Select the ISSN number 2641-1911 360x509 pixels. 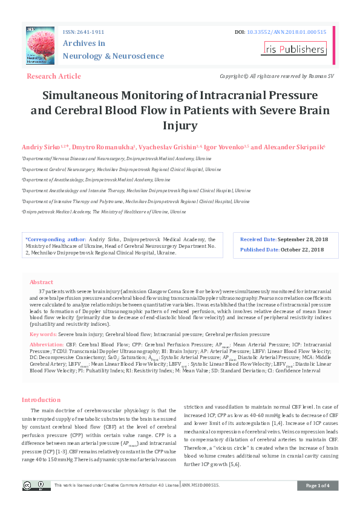(93, 31)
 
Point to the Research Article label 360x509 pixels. (54, 76)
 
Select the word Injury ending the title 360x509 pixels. (180, 126)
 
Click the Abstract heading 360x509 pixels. (41, 282)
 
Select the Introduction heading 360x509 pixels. (41, 400)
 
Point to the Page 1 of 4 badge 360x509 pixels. (318, 485)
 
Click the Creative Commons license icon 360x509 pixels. (36, 485)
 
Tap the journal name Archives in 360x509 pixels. (84, 44)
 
